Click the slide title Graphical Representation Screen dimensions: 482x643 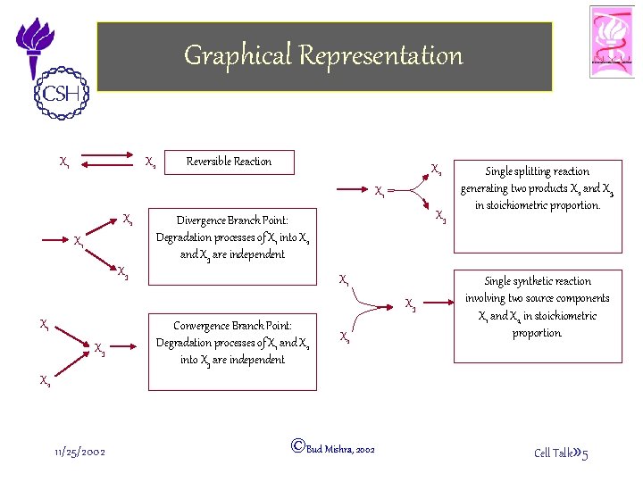(323, 55)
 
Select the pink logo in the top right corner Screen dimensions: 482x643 (612, 41)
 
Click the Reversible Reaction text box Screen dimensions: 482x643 (229, 162)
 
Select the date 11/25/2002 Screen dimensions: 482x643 (79, 452)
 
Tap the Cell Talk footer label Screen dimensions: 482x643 (553, 453)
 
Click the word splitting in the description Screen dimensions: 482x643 (537, 171)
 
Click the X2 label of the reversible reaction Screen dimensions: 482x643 (151, 162)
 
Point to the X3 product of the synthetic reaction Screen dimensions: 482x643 (410, 304)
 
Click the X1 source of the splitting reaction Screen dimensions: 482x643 (380, 190)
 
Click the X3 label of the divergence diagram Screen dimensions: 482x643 (123, 270)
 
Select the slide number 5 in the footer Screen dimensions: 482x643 (584, 455)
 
